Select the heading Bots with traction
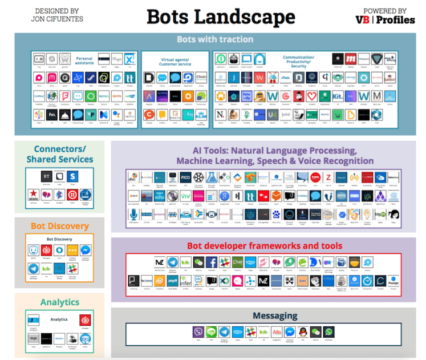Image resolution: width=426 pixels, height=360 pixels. click(x=215, y=39)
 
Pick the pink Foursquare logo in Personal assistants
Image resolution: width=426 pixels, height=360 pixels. click(x=65, y=96)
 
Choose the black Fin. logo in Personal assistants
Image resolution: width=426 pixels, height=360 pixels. click(x=52, y=115)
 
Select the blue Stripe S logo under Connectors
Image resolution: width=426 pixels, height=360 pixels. click(x=72, y=176)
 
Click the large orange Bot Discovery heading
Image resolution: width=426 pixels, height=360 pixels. click(x=59, y=226)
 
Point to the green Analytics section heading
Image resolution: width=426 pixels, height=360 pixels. click(x=59, y=302)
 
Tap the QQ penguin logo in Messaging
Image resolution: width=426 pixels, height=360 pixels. click(x=303, y=332)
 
